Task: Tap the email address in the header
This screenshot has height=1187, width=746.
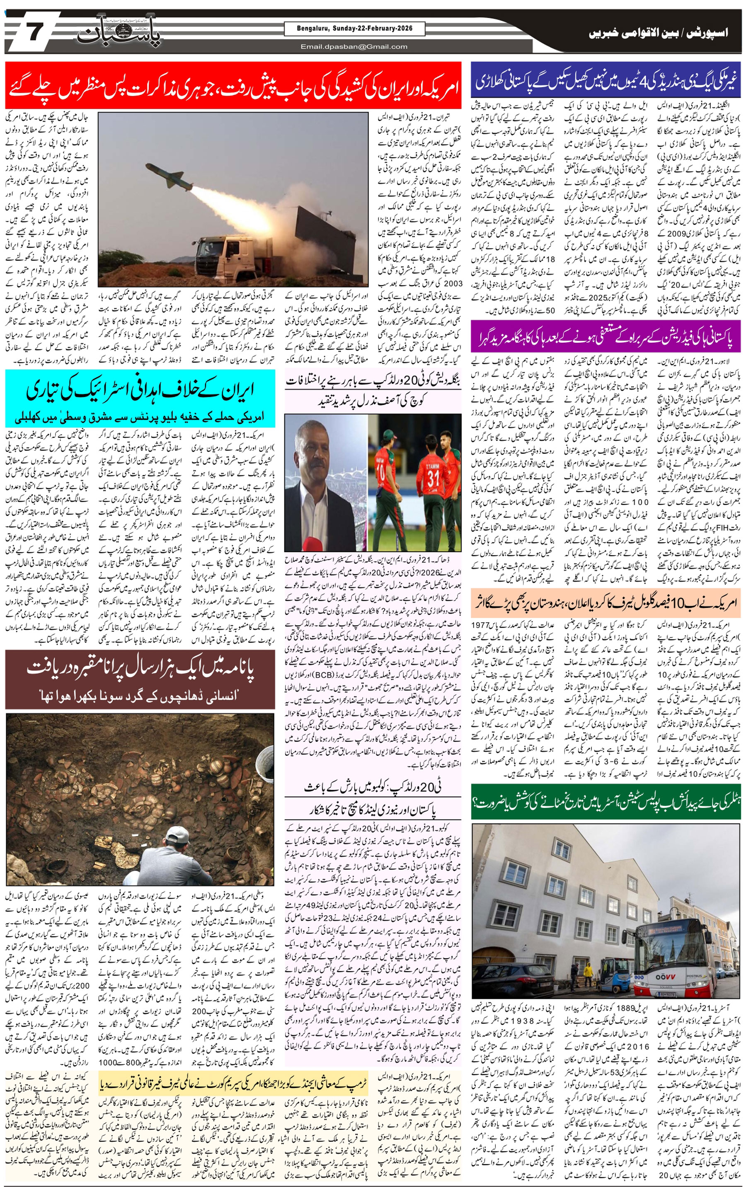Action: (x=354, y=47)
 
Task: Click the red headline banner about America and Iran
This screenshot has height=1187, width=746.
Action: (x=233, y=85)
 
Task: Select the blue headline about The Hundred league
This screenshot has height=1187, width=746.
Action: (x=606, y=81)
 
